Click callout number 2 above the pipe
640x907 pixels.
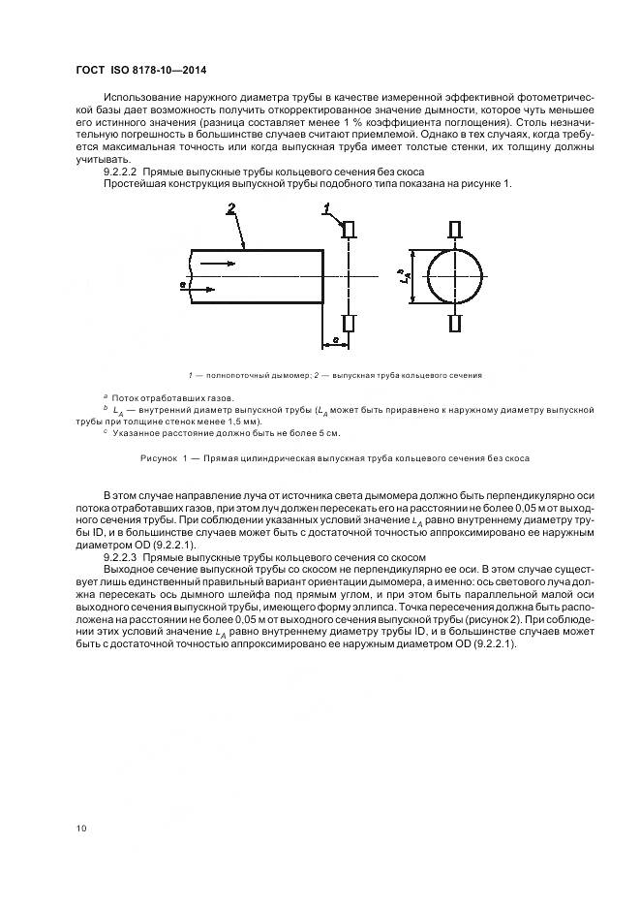click(230, 208)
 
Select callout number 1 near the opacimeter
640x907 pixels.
click(327, 208)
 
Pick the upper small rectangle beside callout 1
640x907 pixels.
click(350, 229)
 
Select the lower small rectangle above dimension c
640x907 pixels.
click(350, 323)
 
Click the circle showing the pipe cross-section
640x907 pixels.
click(456, 276)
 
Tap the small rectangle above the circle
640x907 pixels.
click(456, 229)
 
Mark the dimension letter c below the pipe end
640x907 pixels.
click(334, 340)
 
